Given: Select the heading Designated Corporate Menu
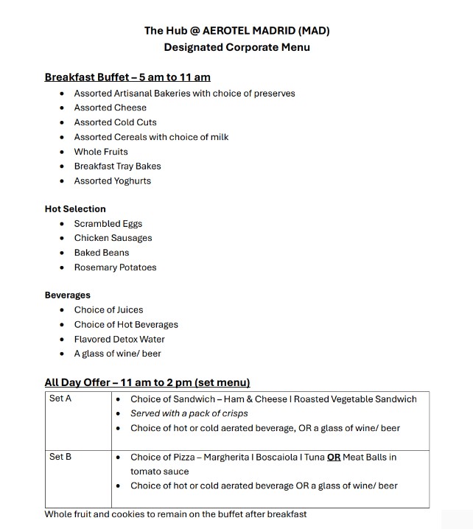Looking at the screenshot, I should [236, 47].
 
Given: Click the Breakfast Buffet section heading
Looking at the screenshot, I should [127, 77].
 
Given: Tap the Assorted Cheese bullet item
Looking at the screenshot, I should [110, 108].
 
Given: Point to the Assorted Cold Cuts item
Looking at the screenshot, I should [115, 122].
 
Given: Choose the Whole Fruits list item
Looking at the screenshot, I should [101, 152].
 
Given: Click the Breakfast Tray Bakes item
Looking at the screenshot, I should [117, 167].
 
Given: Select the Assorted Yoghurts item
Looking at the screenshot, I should [112, 181].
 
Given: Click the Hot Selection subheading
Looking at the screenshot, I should [75, 209].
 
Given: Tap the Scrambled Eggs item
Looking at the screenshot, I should [108, 224].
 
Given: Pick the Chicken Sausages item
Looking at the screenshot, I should [113, 238].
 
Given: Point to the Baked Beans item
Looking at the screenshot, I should [102, 253].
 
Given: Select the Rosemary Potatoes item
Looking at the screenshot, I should [115, 267].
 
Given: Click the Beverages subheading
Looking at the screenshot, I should [68, 295].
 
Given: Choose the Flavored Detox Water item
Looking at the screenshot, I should [119, 340].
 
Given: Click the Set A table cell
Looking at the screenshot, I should [60, 399].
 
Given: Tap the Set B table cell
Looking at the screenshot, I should [60, 457].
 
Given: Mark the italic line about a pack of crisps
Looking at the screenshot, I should [189, 413].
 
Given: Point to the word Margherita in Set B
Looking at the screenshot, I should [230, 458].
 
